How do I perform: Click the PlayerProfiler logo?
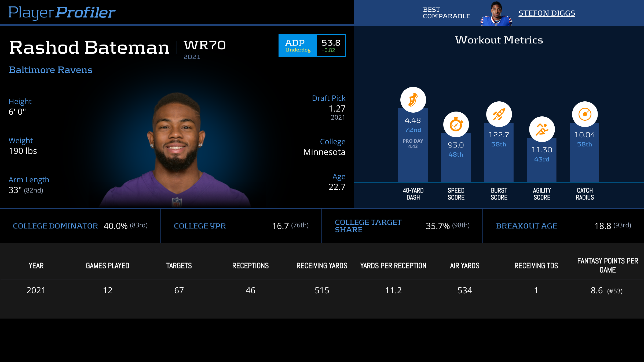(x=62, y=12)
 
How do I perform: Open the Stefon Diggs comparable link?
(x=547, y=13)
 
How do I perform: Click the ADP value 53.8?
(x=331, y=43)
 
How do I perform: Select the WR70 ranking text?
(x=205, y=45)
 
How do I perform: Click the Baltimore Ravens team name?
(x=50, y=70)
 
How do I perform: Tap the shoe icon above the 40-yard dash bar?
(x=413, y=100)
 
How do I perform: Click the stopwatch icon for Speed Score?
(x=456, y=125)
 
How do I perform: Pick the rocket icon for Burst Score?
(x=499, y=114)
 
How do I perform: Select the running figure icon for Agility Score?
(x=542, y=130)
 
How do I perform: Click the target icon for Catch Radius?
(x=585, y=114)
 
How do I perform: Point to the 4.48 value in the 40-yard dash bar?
(x=413, y=120)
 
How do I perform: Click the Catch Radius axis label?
(x=585, y=194)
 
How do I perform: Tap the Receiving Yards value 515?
(x=322, y=290)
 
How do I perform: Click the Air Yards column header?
(x=464, y=266)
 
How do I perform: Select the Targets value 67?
(x=179, y=290)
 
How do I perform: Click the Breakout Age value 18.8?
(x=603, y=226)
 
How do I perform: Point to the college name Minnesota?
(x=324, y=152)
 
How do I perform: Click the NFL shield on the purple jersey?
(x=177, y=202)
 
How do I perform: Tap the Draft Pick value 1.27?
(x=337, y=109)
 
